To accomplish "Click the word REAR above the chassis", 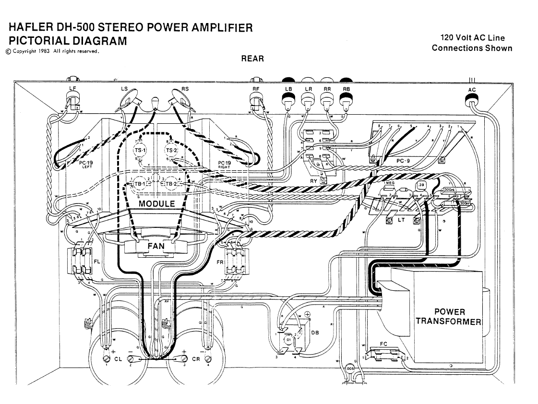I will (x=252, y=59).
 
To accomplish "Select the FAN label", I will (x=155, y=246).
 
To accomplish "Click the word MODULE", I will (x=156, y=204).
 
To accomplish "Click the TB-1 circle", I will (x=137, y=184).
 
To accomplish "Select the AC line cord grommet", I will (x=472, y=101).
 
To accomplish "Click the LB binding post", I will (x=288, y=100).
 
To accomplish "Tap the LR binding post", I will (x=308, y=100).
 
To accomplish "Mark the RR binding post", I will (x=327, y=100).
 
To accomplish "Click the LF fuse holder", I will (x=73, y=101).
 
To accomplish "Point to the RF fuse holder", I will (x=256, y=101).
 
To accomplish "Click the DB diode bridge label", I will (x=314, y=333).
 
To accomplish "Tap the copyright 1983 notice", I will (x=52, y=51).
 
